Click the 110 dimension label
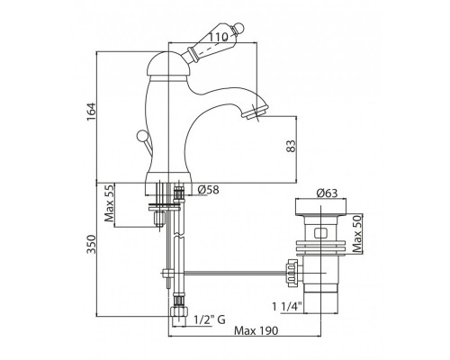(x=218, y=37)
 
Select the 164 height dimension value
(x=91, y=112)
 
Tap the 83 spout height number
(x=291, y=146)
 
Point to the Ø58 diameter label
(x=209, y=190)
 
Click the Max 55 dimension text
(x=109, y=203)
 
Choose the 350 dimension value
(x=91, y=244)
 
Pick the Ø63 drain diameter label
(x=327, y=193)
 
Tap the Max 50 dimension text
(x=357, y=233)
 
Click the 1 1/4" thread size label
(x=286, y=307)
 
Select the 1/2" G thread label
(x=210, y=319)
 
